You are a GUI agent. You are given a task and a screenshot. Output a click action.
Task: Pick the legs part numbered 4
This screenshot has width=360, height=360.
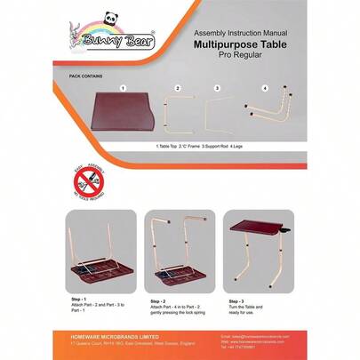coord(267,111)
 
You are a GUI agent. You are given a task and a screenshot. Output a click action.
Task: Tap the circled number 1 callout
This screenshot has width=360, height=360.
coord(122,89)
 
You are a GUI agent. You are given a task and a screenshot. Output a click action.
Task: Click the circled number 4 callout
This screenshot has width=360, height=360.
coord(265,89)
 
